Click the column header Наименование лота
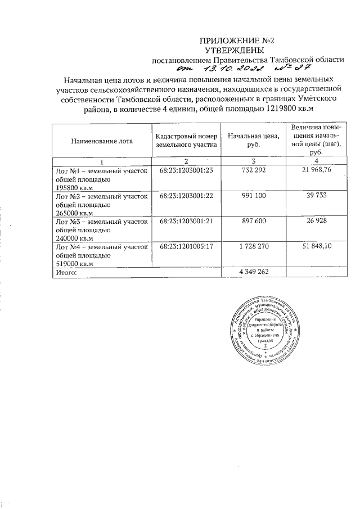pyautogui.click(x=101, y=141)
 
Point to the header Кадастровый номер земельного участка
pyautogui.click(x=185, y=141)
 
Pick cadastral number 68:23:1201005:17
pyautogui.click(x=185, y=247)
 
